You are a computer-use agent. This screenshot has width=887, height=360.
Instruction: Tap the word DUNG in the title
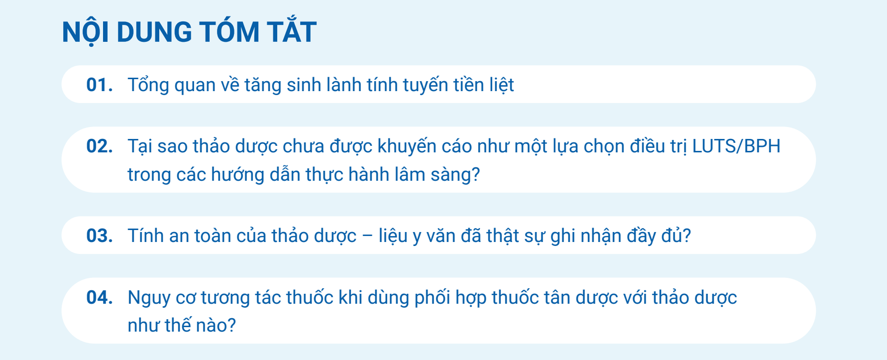coord(154,32)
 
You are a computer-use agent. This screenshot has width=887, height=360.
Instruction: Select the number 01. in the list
coord(100,85)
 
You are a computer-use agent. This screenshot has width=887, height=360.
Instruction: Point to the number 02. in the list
coord(100,146)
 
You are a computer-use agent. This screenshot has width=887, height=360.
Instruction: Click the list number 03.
coord(100,236)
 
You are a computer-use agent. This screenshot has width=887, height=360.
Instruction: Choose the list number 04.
coord(100,298)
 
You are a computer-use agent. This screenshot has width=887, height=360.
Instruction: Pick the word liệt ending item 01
coord(501,85)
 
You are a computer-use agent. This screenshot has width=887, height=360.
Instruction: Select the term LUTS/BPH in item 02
coord(736,146)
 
